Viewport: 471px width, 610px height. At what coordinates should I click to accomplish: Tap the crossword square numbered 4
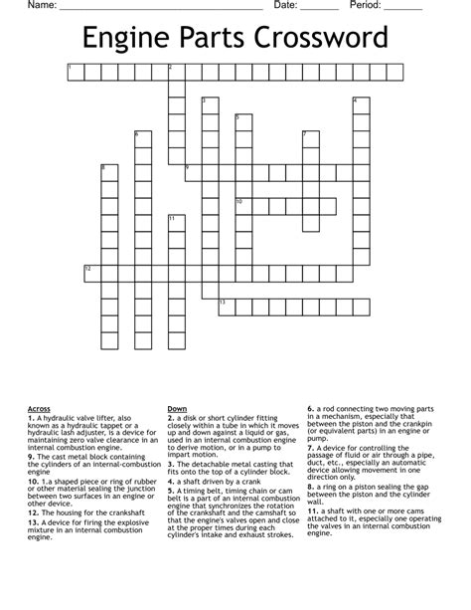[361, 104]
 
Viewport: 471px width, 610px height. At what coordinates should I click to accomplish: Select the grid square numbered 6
[142, 138]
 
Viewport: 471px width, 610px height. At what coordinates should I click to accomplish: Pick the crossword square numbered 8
[108, 172]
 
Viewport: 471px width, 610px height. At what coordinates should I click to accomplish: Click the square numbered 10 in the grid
[243, 206]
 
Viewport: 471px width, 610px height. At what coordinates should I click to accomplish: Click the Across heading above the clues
[39, 408]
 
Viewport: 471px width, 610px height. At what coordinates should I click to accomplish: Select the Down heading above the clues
[178, 408]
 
